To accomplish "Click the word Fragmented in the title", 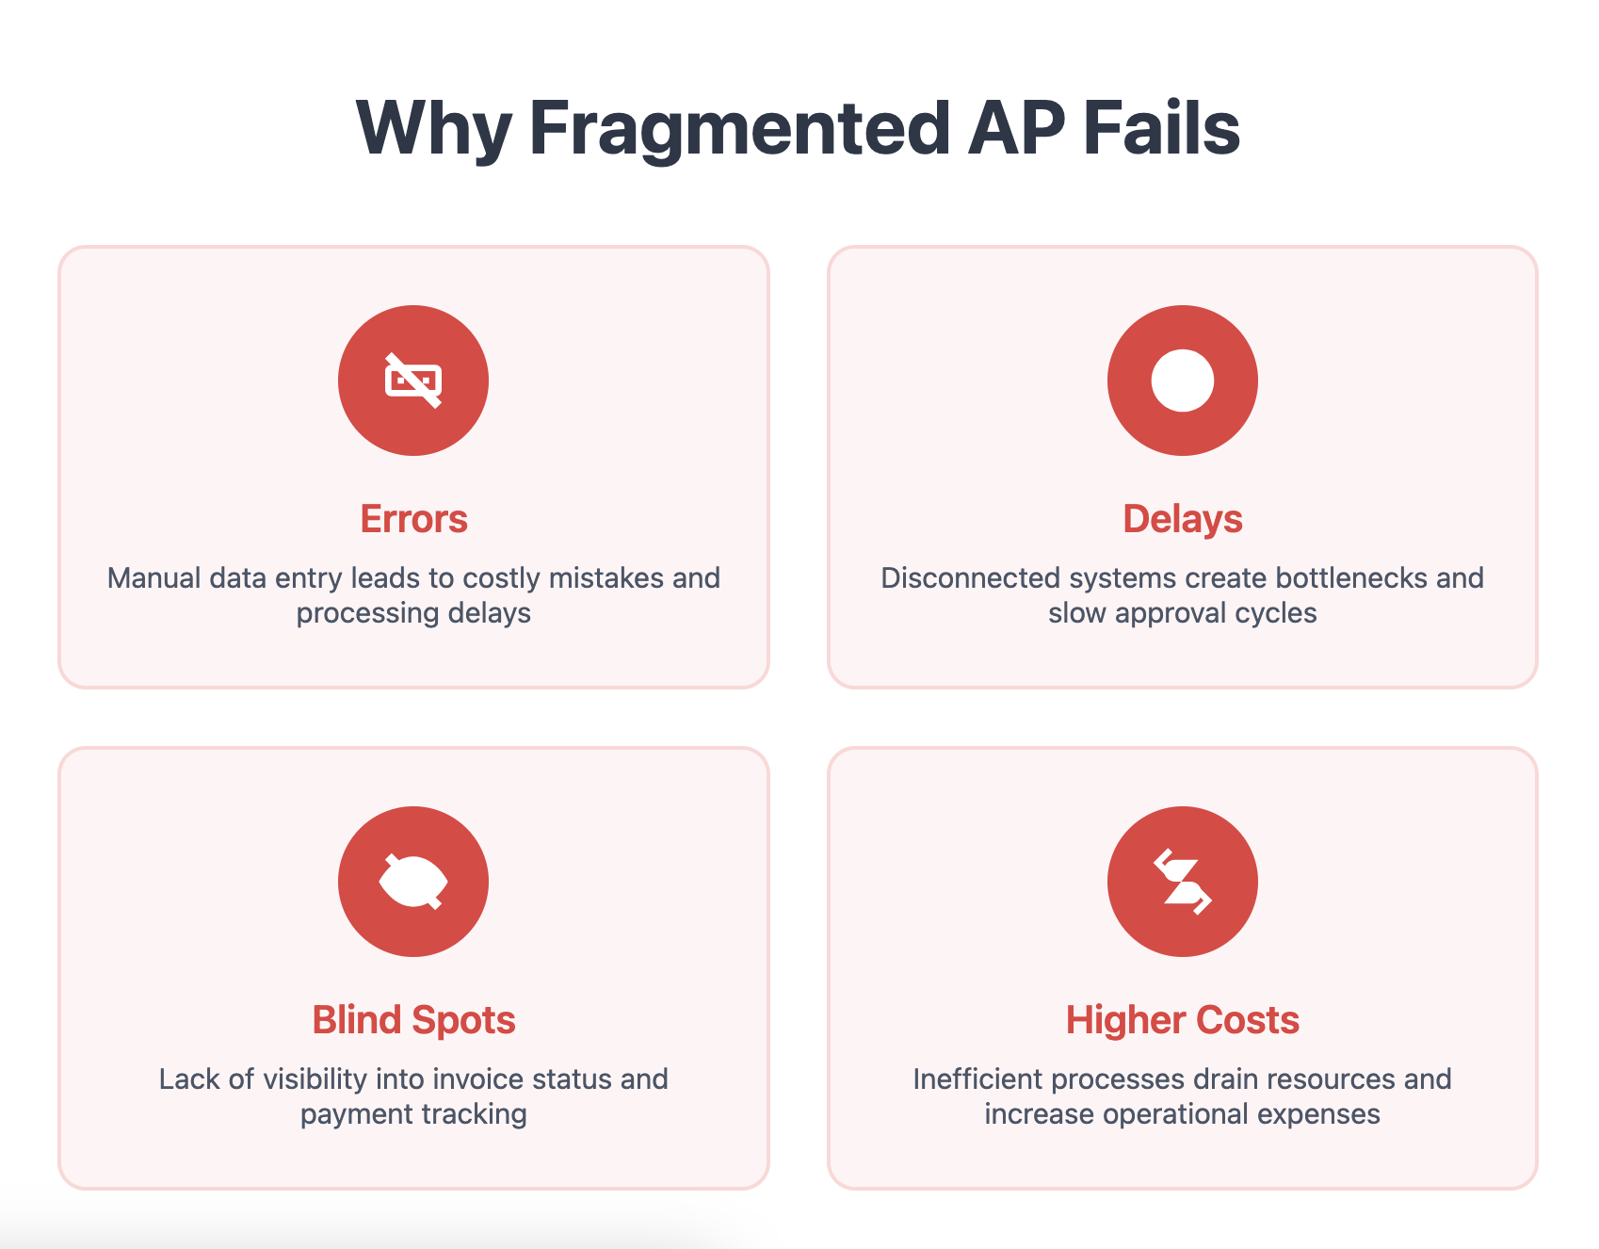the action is [x=740, y=129].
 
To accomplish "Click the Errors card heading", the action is [x=414, y=519].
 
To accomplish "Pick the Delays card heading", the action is [x=1183, y=520].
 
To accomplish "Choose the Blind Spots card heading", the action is [x=414, y=1020].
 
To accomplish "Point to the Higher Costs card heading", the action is [x=1183, y=1020].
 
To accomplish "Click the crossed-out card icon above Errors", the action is [x=413, y=381].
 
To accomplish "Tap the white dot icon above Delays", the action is [x=1183, y=381].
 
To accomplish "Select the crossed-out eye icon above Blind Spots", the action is [x=413, y=882].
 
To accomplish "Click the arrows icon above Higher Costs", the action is [x=1183, y=882].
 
